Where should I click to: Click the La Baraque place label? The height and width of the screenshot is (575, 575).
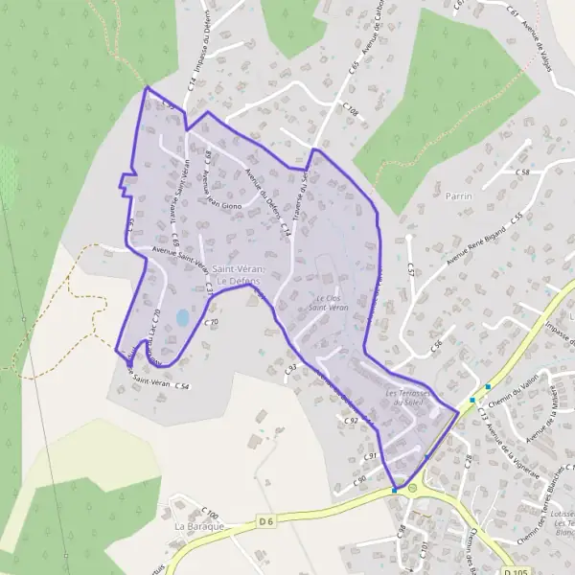coord(198,527)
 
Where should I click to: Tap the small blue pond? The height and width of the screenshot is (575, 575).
coord(182,317)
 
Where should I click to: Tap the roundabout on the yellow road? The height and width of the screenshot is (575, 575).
coord(413,489)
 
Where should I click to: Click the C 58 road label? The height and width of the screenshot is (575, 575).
coord(522,172)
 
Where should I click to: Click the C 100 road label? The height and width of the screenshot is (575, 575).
coord(212,515)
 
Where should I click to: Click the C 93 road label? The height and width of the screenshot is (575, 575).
coord(290,367)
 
